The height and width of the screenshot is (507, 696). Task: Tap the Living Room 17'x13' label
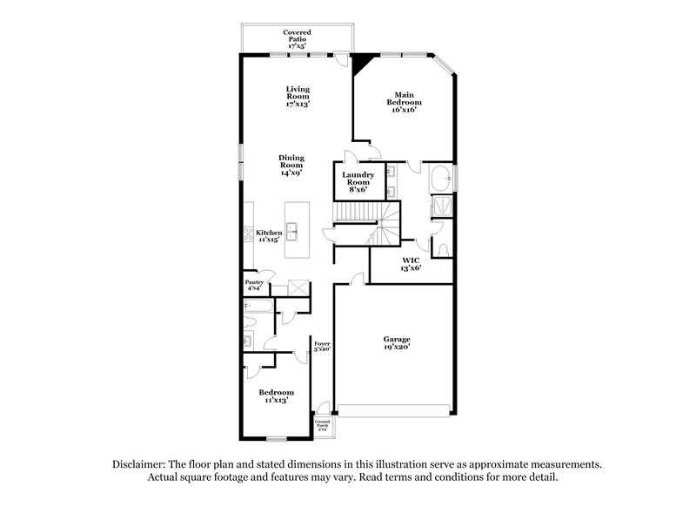tap(298, 97)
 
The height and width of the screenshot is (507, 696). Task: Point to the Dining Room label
tap(291, 165)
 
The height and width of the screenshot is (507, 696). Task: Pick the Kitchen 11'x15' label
tap(268, 235)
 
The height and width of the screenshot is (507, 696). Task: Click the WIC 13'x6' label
tap(412, 264)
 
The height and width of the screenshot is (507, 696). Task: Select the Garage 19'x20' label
tap(397, 342)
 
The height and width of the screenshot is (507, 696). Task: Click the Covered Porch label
tap(322, 424)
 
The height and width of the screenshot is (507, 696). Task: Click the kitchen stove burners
tap(248, 233)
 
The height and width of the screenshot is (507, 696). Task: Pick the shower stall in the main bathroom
tap(438, 207)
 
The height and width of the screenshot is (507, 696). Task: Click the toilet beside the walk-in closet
tap(444, 250)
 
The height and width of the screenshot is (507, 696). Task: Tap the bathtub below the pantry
tap(258, 306)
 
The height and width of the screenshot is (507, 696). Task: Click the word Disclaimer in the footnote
tap(141, 465)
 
